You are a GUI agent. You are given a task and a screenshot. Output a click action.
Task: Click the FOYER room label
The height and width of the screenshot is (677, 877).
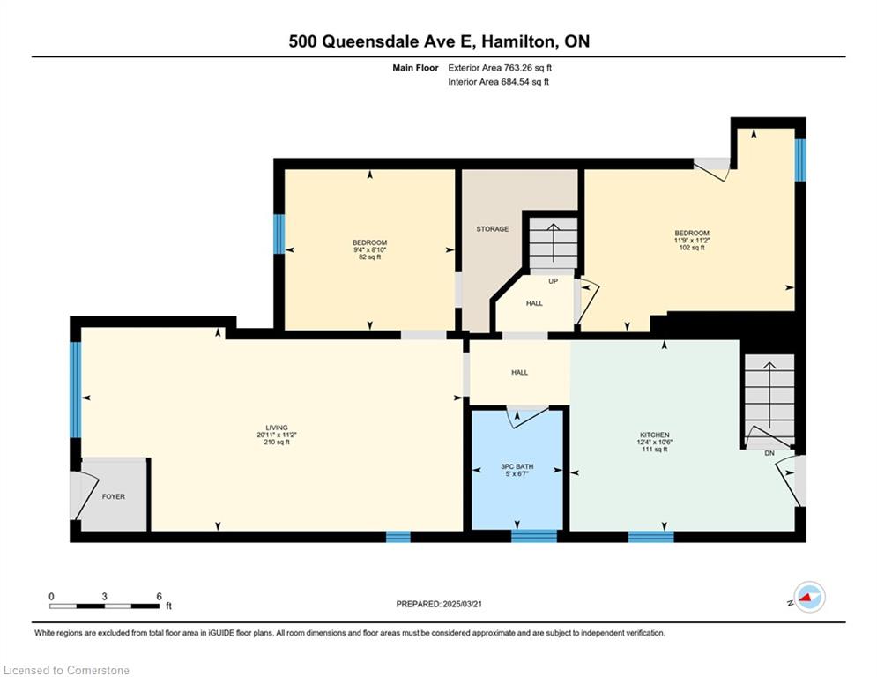point(114,496)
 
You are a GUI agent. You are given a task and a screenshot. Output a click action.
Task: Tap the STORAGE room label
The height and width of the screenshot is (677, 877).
point(493,229)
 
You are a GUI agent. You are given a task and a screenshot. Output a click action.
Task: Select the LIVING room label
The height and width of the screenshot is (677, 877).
point(276,428)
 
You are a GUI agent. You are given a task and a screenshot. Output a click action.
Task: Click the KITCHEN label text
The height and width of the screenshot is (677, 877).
point(655,435)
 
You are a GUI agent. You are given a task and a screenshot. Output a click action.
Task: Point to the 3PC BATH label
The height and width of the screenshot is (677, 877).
point(517,466)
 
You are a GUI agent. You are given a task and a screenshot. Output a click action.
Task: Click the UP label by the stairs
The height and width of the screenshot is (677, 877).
point(554,281)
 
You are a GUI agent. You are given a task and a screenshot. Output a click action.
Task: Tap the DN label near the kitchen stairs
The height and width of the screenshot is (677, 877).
point(769,453)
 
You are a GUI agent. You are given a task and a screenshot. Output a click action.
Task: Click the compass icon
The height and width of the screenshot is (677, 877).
point(809,597)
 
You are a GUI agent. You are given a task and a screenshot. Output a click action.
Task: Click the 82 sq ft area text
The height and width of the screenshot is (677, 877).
point(369,257)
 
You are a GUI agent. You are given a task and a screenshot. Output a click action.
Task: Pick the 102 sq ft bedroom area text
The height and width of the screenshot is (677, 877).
point(692,248)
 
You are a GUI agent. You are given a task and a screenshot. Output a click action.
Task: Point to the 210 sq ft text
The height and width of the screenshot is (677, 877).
point(276,442)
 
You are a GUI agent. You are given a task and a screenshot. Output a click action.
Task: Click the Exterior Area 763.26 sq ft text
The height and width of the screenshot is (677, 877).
point(500,68)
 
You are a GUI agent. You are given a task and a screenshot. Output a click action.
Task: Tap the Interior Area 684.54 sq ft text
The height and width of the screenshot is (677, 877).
point(498,82)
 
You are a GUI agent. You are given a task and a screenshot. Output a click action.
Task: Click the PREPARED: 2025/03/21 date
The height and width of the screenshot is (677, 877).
point(439,604)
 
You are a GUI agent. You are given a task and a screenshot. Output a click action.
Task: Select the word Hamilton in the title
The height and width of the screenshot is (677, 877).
point(520,41)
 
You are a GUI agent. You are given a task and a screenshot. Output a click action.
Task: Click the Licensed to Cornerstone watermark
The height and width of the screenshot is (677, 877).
point(66,670)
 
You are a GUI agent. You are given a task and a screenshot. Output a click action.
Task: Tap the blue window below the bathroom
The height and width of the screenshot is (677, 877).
point(534,536)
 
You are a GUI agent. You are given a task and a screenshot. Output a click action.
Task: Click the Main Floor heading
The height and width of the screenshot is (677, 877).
point(415,68)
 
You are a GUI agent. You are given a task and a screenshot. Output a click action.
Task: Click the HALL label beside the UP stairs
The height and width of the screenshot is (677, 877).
point(534,303)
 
